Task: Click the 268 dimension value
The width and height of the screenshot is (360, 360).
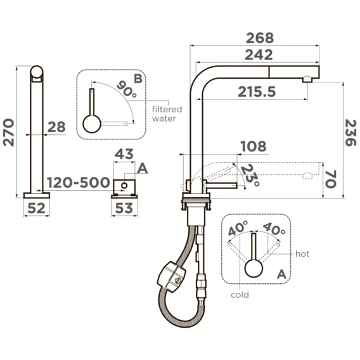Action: [260, 38]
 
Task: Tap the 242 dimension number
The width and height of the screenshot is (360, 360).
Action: [259, 55]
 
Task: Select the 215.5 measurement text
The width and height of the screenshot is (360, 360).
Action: [257, 92]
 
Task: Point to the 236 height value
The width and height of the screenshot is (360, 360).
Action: [350, 132]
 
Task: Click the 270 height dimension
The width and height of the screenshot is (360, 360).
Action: [9, 132]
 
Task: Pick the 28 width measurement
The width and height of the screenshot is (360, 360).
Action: [56, 127]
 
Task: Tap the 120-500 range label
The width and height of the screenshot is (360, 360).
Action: [79, 183]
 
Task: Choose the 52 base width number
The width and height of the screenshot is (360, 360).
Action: [37, 209]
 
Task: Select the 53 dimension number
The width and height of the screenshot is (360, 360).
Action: [124, 209]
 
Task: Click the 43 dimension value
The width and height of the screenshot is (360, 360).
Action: [124, 154]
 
